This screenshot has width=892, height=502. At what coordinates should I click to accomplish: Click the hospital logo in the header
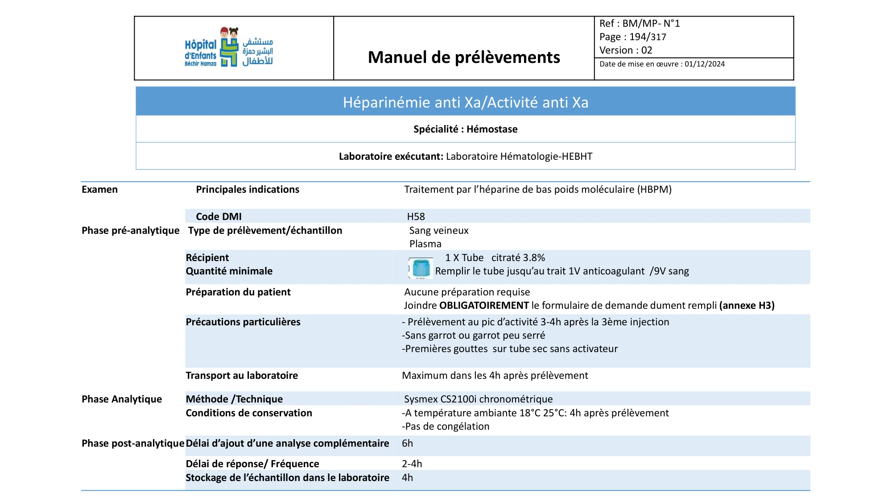(229, 48)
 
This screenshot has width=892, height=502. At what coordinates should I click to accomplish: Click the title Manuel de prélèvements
(464, 58)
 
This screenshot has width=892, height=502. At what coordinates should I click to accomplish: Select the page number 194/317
(648, 37)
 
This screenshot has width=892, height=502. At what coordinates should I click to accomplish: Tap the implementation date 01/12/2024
(705, 64)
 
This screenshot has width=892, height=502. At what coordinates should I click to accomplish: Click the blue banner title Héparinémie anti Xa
(465, 103)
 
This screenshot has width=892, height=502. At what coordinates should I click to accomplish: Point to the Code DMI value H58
(416, 217)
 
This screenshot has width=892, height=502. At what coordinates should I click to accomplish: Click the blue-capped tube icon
(421, 268)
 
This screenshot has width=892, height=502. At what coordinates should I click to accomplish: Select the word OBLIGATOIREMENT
(484, 306)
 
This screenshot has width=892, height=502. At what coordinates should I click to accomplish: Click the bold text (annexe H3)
(747, 306)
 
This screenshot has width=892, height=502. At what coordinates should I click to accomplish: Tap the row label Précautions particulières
(243, 322)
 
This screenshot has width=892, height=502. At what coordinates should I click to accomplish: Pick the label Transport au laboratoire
(242, 376)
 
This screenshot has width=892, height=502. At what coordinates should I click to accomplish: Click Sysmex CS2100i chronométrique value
(478, 399)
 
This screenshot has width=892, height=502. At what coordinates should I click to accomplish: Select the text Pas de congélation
(447, 427)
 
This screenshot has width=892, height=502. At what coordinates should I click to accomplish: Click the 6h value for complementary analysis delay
(407, 444)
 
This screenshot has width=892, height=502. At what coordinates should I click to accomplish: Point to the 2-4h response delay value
(412, 464)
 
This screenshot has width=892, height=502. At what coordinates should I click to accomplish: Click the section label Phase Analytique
(122, 399)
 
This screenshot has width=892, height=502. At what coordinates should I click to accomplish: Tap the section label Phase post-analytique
(132, 444)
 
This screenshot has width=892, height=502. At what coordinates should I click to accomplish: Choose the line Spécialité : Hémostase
(465, 129)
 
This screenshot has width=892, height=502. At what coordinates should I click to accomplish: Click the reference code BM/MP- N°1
(651, 24)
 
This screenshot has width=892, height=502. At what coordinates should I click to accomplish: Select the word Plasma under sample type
(425, 244)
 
